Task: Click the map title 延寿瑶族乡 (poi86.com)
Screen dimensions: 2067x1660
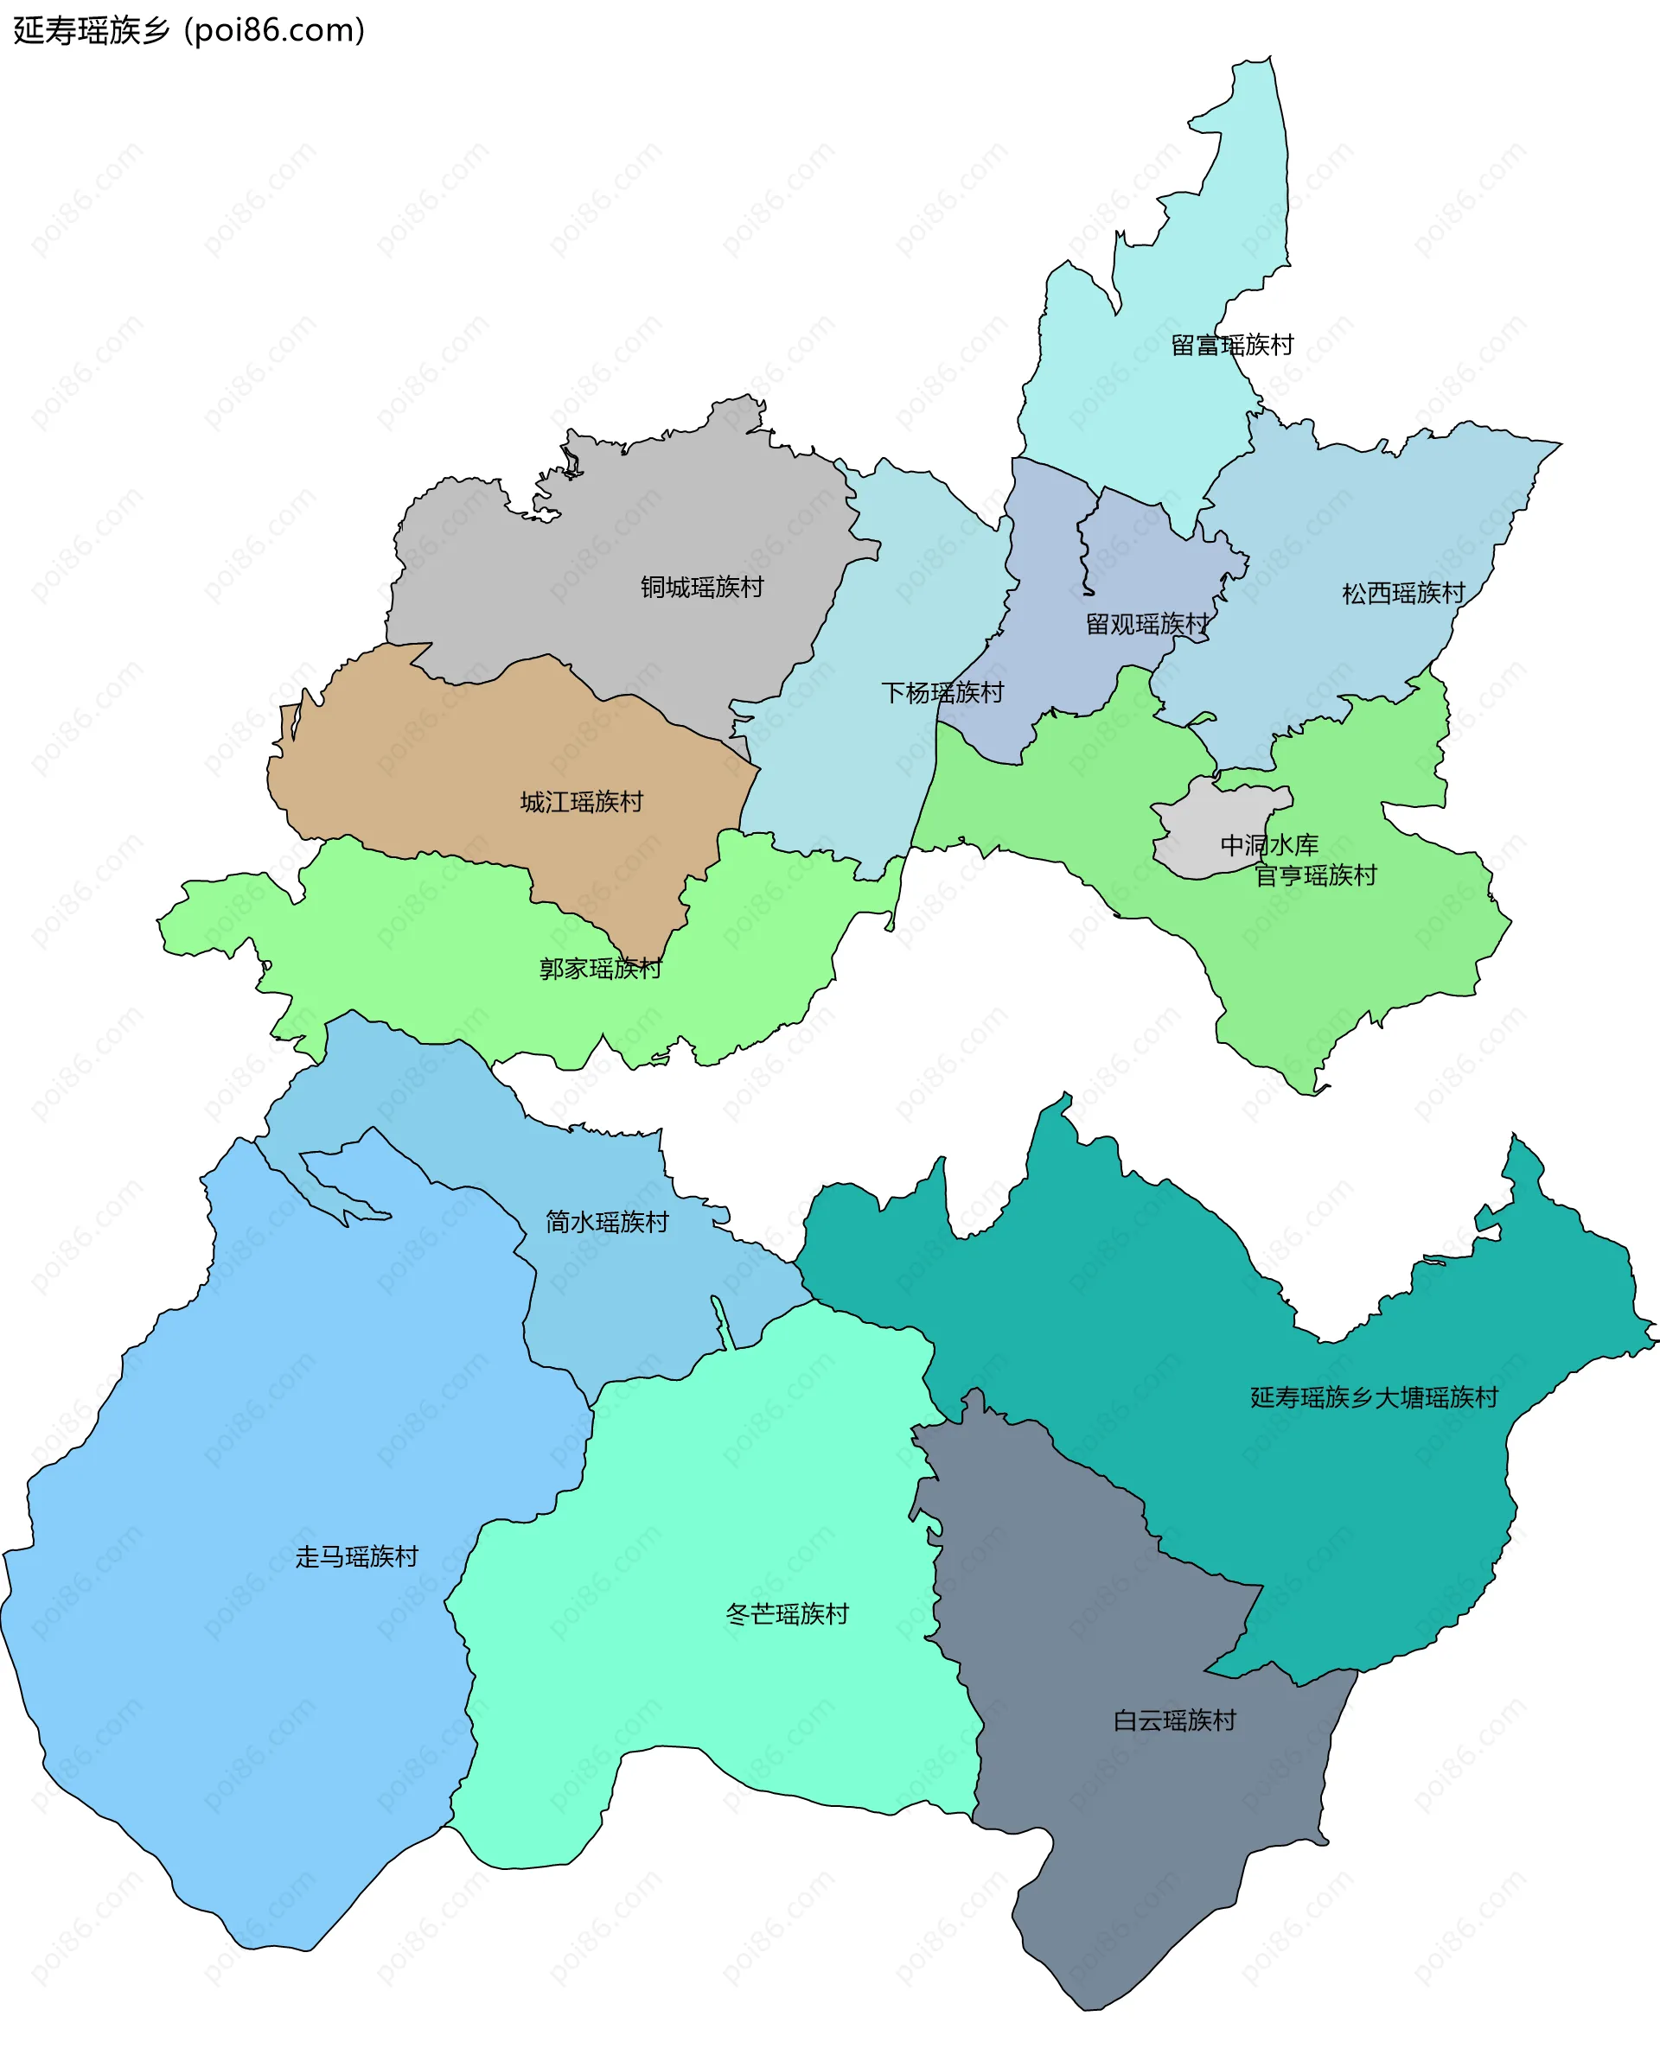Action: click(x=189, y=31)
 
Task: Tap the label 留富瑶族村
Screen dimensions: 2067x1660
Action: click(x=1232, y=345)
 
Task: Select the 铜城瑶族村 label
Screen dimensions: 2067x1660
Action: click(x=702, y=588)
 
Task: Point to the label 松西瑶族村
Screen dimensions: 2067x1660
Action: click(x=1403, y=594)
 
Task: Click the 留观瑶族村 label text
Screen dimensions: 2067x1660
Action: click(x=1147, y=624)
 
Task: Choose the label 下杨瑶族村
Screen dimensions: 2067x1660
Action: click(x=942, y=692)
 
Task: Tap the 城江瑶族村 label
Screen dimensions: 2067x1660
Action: click(x=581, y=802)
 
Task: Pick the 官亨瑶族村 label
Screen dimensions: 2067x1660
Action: click(x=1316, y=875)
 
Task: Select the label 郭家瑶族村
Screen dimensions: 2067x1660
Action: click(x=600, y=969)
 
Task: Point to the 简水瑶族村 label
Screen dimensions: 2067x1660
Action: click(x=607, y=1221)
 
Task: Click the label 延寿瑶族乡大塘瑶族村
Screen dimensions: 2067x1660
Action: click(x=1373, y=1396)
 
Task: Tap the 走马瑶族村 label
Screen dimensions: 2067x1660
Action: click(x=357, y=1556)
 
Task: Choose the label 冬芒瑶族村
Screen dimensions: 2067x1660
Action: click(x=788, y=1613)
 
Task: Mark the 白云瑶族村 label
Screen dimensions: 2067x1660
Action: click(x=1175, y=1720)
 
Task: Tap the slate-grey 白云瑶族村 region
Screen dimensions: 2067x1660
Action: click(x=1103, y=1869)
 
